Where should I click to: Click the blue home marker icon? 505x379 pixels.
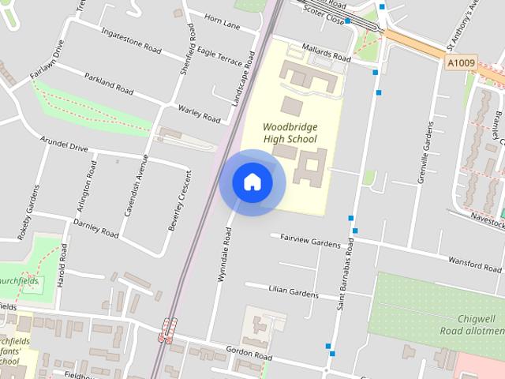click(252, 182)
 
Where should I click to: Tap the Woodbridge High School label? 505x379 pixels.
click(290, 133)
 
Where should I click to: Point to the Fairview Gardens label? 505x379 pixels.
click(309, 241)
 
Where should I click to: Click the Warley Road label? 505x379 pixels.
click(199, 114)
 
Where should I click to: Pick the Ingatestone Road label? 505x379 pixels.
click(131, 37)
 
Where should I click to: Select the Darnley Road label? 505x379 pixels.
click(96, 228)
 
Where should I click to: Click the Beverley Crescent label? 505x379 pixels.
click(178, 201)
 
